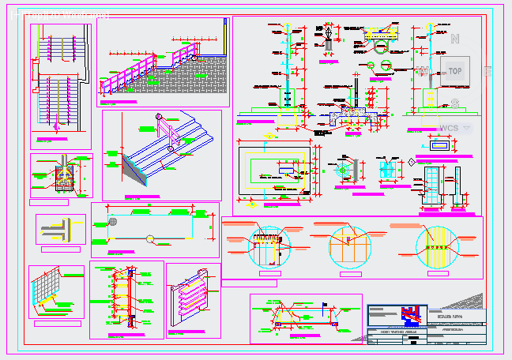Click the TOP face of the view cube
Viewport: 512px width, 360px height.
click(455, 71)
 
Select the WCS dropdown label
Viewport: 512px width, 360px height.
click(450, 128)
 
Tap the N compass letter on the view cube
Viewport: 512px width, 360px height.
click(455, 39)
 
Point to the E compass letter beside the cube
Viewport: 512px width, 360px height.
click(488, 71)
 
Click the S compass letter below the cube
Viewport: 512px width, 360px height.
click(454, 103)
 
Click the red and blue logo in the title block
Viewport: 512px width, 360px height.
click(408, 313)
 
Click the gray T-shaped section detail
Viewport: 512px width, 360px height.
click(60, 231)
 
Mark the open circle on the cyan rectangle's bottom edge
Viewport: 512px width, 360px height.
click(149, 238)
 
